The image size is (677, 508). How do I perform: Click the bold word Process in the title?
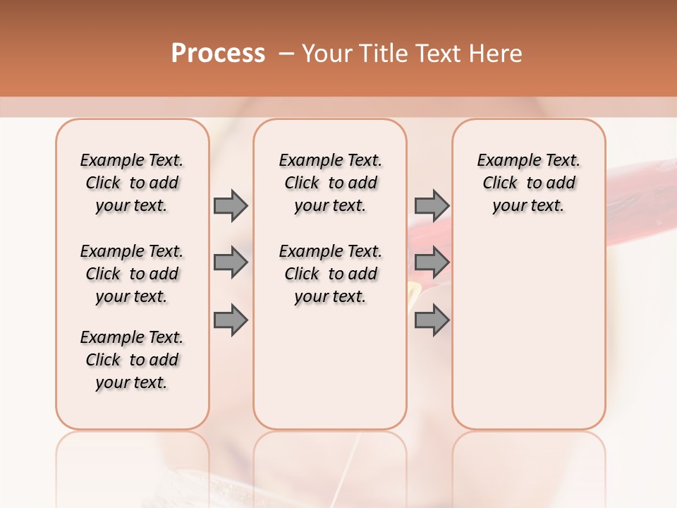(x=218, y=54)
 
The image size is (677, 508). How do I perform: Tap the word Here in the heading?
(x=497, y=54)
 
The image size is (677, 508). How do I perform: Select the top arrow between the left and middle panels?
(x=231, y=205)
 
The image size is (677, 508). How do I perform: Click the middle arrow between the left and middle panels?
(x=231, y=262)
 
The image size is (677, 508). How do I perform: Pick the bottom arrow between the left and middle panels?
(x=231, y=320)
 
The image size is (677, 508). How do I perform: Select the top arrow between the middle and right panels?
(x=432, y=205)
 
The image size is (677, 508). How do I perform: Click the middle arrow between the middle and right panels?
(x=432, y=262)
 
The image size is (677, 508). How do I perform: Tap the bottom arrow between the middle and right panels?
(x=432, y=320)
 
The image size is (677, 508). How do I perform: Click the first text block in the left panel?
(x=132, y=183)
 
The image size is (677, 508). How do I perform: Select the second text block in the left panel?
(x=132, y=274)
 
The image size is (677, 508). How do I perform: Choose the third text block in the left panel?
(x=132, y=360)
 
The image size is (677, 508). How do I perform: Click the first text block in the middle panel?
(x=330, y=183)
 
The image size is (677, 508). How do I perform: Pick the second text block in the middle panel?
(x=330, y=274)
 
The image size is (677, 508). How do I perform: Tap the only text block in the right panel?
(x=528, y=183)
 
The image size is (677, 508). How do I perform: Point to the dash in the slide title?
(x=286, y=54)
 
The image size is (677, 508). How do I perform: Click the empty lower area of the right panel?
(x=528, y=339)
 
